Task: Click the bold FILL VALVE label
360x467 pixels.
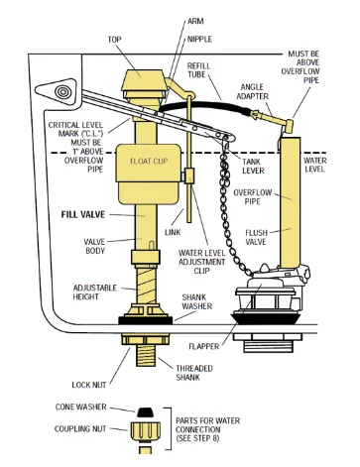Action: (83, 215)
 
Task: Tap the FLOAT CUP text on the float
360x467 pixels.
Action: (149, 162)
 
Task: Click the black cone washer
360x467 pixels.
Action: (145, 412)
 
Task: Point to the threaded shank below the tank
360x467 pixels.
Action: (146, 355)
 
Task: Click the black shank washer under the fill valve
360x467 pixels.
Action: (146, 319)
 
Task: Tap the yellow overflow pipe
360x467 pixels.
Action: (291, 202)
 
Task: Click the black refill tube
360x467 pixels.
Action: (205, 104)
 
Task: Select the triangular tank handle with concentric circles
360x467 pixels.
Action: (58, 92)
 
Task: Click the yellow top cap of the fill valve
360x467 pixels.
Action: (143, 80)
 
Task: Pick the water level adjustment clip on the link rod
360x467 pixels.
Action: (188, 175)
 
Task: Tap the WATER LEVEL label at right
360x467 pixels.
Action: (315, 165)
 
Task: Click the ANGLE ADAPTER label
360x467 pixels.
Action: (255, 91)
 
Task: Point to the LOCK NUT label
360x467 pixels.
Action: (89, 385)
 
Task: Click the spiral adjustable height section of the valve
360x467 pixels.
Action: (146, 285)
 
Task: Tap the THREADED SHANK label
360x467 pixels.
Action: (194, 373)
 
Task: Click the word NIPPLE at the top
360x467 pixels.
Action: (199, 39)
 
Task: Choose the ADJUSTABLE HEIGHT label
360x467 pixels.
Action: (95, 292)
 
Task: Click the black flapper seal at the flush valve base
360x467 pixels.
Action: (266, 317)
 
